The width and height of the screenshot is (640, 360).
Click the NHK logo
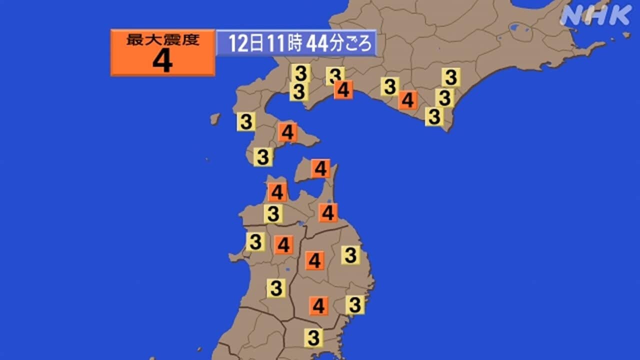pyautogui.click(x=596, y=15)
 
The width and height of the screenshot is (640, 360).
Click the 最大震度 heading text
pyautogui.click(x=162, y=40)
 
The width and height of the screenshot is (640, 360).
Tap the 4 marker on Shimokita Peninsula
pyautogui.click(x=320, y=168)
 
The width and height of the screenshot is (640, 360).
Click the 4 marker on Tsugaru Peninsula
pyautogui.click(x=277, y=192)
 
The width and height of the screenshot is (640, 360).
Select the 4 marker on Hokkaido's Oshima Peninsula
pyautogui.click(x=287, y=132)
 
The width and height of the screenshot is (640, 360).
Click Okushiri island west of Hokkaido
pyautogui.click(x=215, y=119)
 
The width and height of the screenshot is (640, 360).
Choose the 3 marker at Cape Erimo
pyautogui.click(x=434, y=117)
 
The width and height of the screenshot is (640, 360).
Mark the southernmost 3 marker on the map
pyautogui.click(x=313, y=337)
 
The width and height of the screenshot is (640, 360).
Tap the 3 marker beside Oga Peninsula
pyautogui.click(x=255, y=242)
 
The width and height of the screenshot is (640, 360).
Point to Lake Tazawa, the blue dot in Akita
pyautogui.click(x=287, y=270)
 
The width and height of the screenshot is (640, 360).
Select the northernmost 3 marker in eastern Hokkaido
pyautogui.click(x=451, y=77)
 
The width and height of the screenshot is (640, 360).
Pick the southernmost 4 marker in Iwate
pyautogui.click(x=318, y=305)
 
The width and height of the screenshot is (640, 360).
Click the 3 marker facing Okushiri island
pyautogui.click(x=246, y=121)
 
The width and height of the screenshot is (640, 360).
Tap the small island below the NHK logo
pyautogui.click(x=626, y=35)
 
